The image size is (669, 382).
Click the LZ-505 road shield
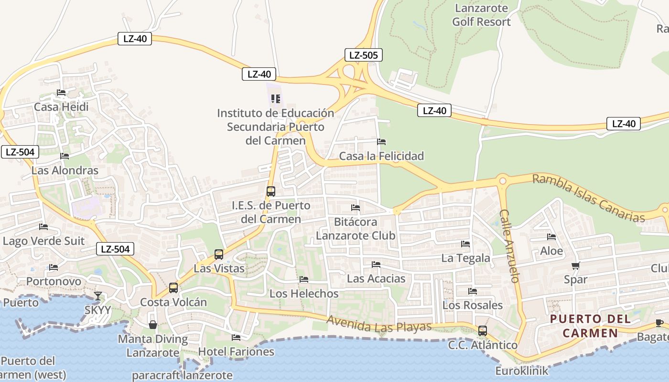(363, 55)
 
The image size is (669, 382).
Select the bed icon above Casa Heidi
(61, 92)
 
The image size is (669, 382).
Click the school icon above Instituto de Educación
(275, 99)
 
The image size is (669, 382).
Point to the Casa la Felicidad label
(381, 156)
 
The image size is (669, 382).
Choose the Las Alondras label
(65, 170)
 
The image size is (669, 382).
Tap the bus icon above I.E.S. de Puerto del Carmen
(270, 191)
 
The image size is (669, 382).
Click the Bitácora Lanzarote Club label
(356, 229)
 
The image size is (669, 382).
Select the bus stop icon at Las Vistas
(218, 254)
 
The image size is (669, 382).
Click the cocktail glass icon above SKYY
(97, 296)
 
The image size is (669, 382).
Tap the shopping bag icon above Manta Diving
(153, 325)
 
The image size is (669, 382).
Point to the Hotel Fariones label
(236, 352)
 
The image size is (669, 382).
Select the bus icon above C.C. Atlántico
(483, 330)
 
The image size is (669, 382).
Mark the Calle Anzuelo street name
(509, 245)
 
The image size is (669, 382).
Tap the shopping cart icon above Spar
(575, 265)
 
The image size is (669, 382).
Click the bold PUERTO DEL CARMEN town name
(590, 326)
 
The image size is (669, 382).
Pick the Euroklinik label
(522, 371)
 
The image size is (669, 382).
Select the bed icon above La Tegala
(465, 244)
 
